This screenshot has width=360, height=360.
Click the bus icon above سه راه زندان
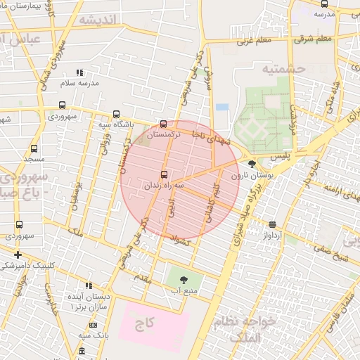(165, 174)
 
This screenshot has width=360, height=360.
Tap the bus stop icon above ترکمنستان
(164, 124)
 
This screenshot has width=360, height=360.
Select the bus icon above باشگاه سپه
(116, 115)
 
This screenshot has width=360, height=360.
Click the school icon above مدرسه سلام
(79, 72)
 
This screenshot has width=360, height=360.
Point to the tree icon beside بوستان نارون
(252, 165)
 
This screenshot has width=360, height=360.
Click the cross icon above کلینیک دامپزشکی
(18, 255)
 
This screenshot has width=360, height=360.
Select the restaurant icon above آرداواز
(272, 225)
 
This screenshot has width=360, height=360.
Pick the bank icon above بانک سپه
(94, 326)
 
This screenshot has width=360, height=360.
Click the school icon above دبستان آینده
(89, 285)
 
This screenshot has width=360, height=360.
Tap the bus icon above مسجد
(32, 150)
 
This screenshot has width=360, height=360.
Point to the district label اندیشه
(96, 19)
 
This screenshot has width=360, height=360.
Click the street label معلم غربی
(253, 41)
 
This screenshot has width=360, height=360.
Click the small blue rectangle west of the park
(222, 107)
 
